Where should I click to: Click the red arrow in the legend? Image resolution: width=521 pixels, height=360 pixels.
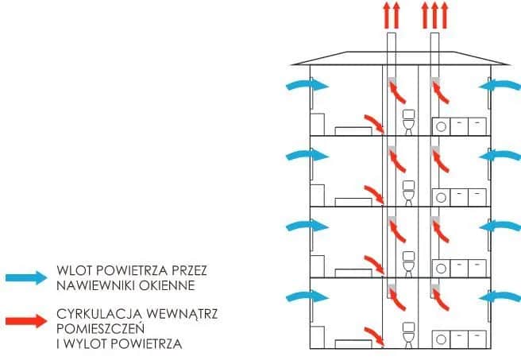26,321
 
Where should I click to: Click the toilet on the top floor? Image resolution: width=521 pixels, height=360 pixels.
409,123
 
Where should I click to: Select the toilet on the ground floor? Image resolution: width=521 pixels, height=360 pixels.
409,335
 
